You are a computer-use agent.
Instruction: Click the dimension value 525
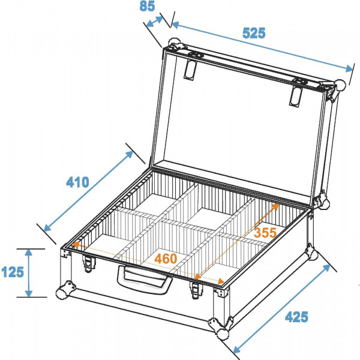pyautogui.click(x=253, y=33)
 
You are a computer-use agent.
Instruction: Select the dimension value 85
pyautogui.click(x=147, y=7)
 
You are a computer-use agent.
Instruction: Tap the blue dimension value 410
pyautogui.click(x=77, y=181)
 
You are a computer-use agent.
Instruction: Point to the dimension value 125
pyautogui.click(x=13, y=272)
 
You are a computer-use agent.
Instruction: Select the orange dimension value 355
pyautogui.click(x=264, y=232)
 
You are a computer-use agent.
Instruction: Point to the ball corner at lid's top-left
pyautogui.click(x=174, y=44)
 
